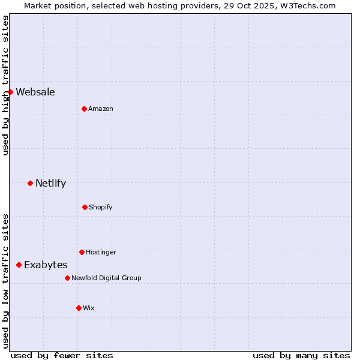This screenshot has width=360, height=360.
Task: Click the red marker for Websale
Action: pos(10,92)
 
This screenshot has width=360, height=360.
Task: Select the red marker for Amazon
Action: pos(84,109)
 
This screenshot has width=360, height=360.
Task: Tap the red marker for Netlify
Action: pos(30,183)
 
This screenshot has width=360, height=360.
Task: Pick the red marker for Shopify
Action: pos(85,207)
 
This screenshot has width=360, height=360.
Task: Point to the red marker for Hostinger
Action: pos(82,252)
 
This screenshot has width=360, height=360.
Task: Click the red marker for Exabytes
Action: pos(19,265)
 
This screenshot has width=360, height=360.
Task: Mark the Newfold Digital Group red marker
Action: pos(67,278)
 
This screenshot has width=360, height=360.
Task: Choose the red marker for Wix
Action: pos(79,308)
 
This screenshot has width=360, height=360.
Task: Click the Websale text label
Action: pos(35,92)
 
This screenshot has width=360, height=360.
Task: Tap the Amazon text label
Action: pos(101,109)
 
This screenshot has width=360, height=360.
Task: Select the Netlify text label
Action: pos(50,183)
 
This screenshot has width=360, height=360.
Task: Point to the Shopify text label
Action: pos(101,207)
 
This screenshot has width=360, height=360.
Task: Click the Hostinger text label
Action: pos(101,252)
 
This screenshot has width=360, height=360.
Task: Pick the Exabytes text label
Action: pos(46,265)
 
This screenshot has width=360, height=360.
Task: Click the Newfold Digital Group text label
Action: pos(106,278)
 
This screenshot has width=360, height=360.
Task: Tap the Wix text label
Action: pos(89,308)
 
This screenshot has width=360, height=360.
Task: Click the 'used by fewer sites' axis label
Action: pos(62,355)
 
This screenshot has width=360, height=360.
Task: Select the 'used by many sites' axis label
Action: pos(301,355)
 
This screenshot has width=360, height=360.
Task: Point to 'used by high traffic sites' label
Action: pos(5,85)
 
